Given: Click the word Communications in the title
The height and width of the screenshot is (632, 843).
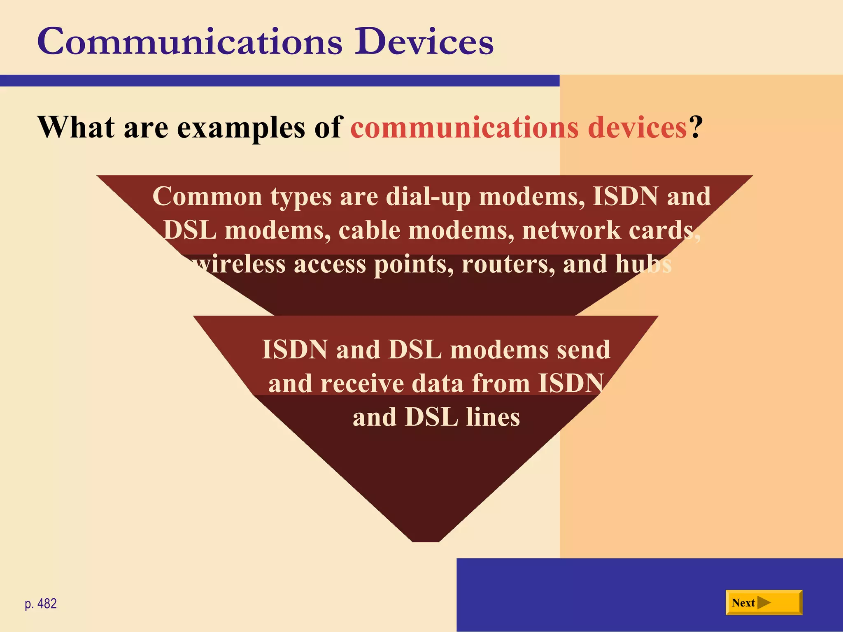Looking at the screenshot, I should [189, 42].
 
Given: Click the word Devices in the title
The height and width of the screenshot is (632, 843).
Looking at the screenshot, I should [424, 42].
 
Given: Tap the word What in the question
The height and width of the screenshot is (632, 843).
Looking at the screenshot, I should [76, 127].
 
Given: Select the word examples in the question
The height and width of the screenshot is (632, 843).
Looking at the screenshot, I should [241, 128].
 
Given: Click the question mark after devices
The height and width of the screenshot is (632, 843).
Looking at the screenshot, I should [695, 127].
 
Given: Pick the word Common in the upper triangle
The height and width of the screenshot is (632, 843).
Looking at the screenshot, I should [207, 196].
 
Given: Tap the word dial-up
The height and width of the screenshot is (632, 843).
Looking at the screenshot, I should [428, 197].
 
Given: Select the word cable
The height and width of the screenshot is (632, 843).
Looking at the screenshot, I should [369, 230].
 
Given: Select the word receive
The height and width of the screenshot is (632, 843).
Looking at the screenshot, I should [363, 383].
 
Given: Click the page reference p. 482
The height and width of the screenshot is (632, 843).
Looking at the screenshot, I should [41, 604].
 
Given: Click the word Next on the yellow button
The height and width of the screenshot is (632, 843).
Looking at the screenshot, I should [743, 603].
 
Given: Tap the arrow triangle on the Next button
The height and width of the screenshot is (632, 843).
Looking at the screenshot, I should [764, 603].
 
